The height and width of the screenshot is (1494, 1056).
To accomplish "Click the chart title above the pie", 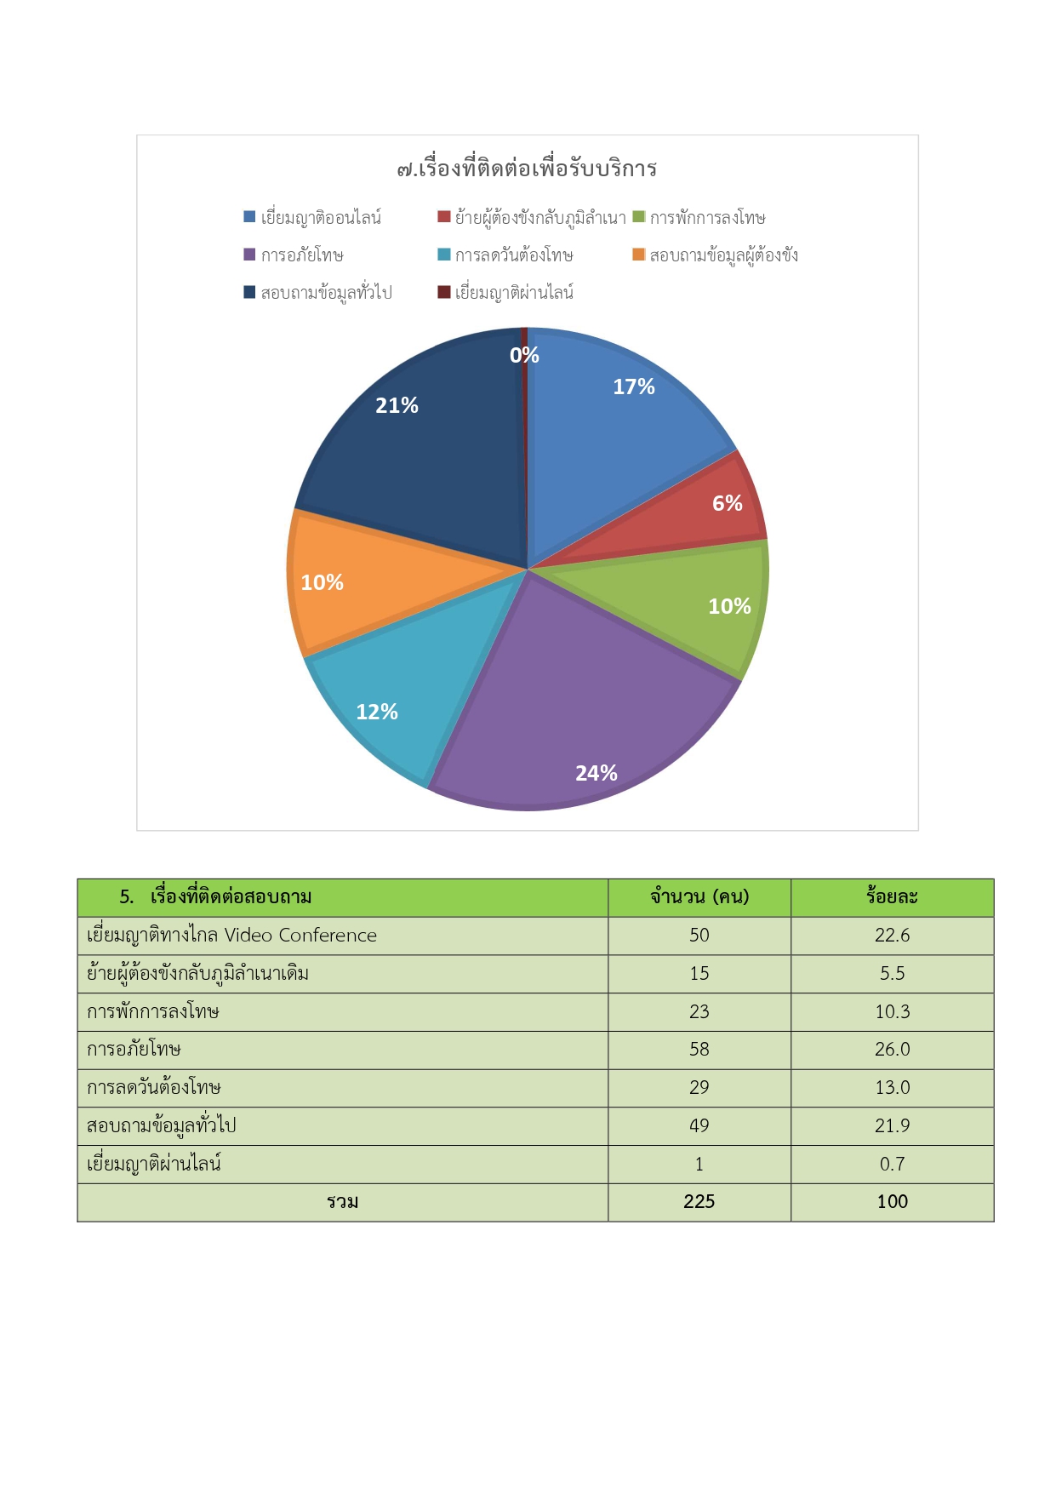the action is point(527,169).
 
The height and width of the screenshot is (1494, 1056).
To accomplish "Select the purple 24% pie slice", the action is point(587,707).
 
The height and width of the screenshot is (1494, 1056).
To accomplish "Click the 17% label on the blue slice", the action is point(634,386).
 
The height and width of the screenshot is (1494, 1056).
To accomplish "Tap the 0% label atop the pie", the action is point(524,355).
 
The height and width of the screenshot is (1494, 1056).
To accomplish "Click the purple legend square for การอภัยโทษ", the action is point(249,255).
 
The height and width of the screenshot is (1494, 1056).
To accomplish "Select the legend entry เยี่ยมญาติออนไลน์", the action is point(312,217).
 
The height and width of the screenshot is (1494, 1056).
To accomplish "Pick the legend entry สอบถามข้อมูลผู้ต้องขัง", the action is point(716,255).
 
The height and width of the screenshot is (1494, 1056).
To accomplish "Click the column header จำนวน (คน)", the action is point(699,896).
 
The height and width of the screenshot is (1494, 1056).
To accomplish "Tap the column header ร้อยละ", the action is point(892,896).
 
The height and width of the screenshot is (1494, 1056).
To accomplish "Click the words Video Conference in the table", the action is point(300,935).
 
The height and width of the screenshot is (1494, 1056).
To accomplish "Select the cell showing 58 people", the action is point(699,1049).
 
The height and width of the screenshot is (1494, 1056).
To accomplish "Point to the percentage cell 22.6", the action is point(892,935).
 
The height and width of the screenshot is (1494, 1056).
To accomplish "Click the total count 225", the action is point(699,1201).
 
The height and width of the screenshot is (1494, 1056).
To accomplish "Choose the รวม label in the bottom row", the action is point(342,1202).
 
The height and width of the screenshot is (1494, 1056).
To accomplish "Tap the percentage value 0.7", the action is point(892,1164).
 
